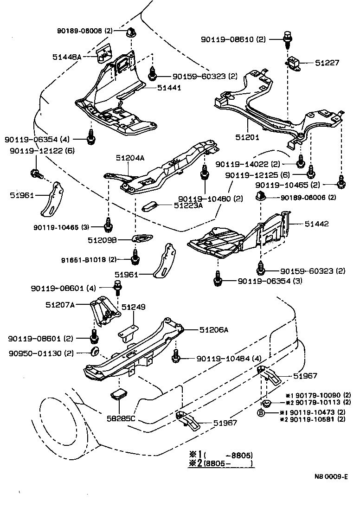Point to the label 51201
coord(247,137)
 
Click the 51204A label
coord(130,158)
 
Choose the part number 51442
coord(316,224)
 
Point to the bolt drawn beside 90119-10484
coord(176,358)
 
